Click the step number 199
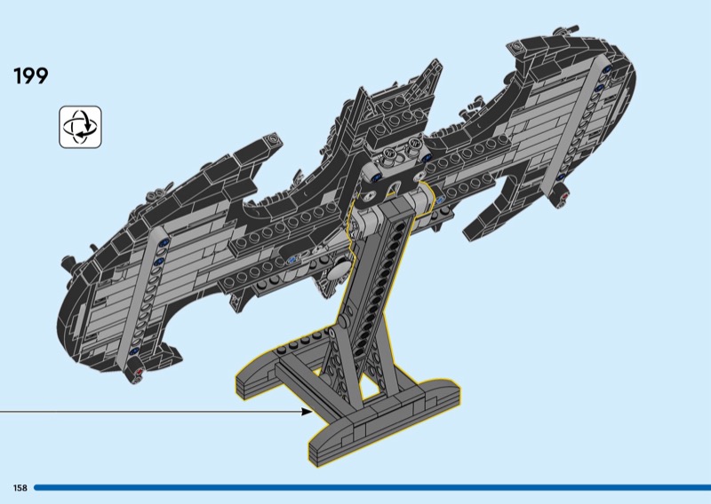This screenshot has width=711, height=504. point(31,75)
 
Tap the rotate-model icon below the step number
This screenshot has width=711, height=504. point(80,127)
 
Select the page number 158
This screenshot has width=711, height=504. point(20,488)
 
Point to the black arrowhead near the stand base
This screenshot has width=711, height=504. point(307,411)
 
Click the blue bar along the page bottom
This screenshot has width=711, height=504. point(372,488)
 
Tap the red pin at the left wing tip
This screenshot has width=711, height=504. point(139,372)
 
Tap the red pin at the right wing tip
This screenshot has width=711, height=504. point(564,196)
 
